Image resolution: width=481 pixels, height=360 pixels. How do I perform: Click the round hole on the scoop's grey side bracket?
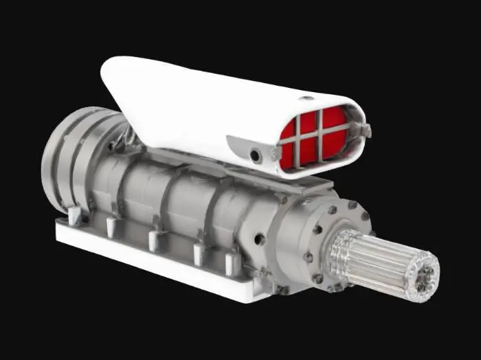click(256, 156)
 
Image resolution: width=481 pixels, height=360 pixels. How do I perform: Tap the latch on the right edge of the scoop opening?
click(364, 128)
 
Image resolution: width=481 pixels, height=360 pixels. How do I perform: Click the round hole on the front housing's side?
click(260, 239)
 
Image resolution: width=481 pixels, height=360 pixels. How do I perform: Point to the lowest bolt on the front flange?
click(317, 278)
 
